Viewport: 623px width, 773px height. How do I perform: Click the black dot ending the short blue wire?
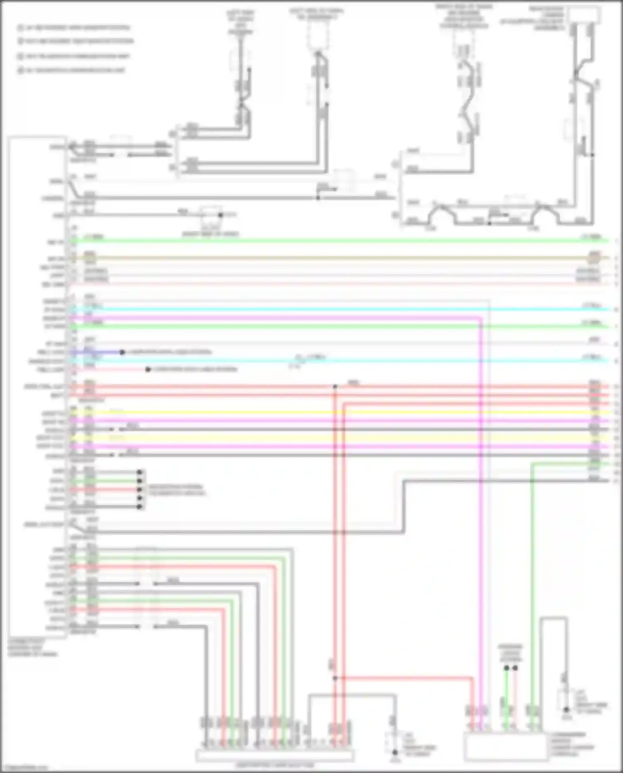[x=122, y=352]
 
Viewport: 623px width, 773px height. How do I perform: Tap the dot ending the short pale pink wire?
[x=148, y=369]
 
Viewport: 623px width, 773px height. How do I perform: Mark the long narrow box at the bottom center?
[x=275, y=756]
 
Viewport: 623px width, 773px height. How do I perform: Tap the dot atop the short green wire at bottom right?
[x=506, y=668]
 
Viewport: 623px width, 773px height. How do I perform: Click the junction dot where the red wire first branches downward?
[x=335, y=387]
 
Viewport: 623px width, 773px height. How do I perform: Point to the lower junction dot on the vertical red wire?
[x=335, y=678]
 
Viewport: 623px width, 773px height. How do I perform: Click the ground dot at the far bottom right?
[x=566, y=710]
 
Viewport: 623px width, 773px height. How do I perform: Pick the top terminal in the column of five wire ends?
[x=140, y=472]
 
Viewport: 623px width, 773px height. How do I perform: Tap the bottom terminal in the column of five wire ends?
[x=140, y=507]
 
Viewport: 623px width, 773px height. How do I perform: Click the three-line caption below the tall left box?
[x=32, y=648]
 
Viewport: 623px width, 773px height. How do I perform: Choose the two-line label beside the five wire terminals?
[x=177, y=490]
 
